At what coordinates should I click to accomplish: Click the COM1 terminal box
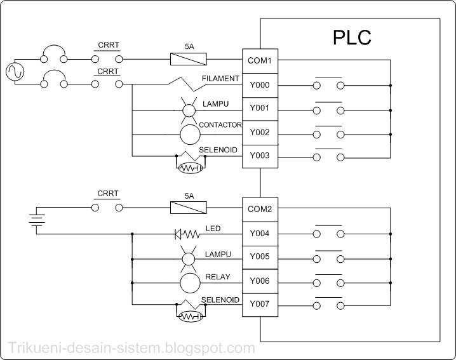[x=259, y=61]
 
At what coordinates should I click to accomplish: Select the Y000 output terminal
[x=259, y=85]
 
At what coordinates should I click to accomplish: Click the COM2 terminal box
[x=259, y=209]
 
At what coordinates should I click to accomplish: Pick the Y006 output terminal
[x=259, y=281]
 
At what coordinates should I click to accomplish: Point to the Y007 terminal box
[x=259, y=304]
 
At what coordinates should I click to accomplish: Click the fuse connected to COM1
[x=189, y=60]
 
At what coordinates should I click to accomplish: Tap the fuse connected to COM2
[x=189, y=208]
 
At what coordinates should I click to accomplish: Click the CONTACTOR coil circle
[x=189, y=134]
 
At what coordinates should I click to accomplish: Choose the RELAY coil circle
[x=189, y=281]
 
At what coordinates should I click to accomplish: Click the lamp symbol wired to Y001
[x=189, y=110]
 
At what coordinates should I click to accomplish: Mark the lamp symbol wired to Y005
[x=189, y=258]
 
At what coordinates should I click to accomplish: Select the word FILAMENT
[x=220, y=79]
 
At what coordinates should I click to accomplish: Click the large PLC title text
[x=352, y=37]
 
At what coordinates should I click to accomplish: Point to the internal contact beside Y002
[x=328, y=134]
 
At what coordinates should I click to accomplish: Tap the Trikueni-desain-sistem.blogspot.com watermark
[x=131, y=348]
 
